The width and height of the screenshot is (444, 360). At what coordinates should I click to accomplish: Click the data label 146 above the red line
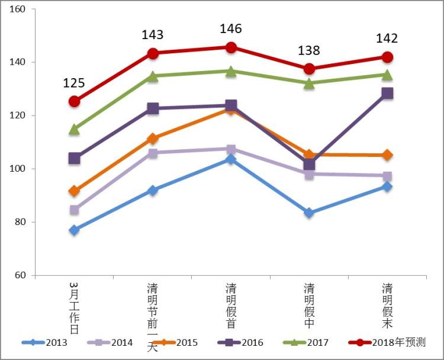tap(231, 29)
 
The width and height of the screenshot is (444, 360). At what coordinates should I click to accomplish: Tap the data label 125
tap(74, 83)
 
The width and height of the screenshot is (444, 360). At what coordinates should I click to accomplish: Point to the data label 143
tap(152, 35)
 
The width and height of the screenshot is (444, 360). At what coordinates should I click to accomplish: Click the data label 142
tap(387, 39)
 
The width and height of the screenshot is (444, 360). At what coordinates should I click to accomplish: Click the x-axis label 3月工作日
tap(74, 308)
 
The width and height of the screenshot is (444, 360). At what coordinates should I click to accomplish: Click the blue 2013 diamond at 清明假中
tap(309, 213)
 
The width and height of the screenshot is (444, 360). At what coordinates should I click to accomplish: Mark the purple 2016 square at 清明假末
tap(387, 93)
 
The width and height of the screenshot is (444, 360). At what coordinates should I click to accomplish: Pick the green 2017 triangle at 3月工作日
tap(74, 129)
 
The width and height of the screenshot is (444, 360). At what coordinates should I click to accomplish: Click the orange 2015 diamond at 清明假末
tap(387, 155)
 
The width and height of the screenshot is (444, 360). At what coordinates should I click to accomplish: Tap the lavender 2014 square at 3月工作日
tap(74, 210)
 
